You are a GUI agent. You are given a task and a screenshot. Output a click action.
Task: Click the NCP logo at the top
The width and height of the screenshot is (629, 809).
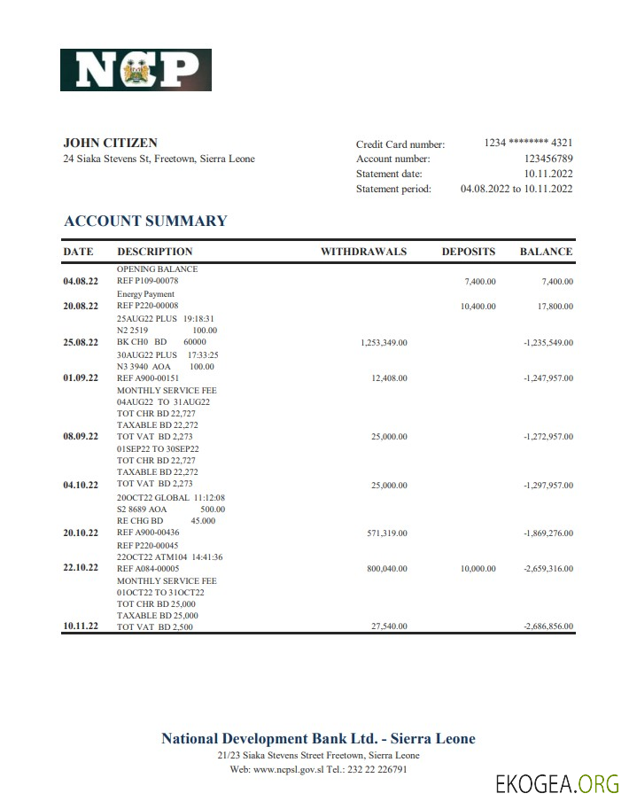(136, 70)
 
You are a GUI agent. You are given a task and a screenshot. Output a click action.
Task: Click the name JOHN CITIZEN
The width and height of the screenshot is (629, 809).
(111, 143)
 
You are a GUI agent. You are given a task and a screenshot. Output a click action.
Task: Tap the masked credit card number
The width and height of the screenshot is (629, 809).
(528, 144)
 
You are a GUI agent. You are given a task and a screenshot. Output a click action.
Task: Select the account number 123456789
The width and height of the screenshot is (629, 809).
(543, 159)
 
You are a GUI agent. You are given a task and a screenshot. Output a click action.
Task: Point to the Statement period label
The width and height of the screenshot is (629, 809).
(393, 189)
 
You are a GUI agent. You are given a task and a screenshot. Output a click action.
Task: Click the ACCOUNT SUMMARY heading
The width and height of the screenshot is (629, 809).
(145, 222)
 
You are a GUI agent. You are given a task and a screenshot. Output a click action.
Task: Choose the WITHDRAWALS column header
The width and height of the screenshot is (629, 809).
(363, 252)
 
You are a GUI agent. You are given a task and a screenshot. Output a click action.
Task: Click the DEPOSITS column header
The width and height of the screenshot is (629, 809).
(469, 252)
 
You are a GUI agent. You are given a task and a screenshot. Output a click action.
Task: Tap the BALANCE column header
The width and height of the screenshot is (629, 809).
(546, 252)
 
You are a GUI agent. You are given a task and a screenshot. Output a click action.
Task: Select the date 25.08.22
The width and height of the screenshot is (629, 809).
(81, 342)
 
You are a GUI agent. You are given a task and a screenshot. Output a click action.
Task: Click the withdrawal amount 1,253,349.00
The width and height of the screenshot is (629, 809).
(383, 343)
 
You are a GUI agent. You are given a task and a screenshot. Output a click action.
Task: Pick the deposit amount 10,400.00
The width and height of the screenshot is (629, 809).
(478, 307)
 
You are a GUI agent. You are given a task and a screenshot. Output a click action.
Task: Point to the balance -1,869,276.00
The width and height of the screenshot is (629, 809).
(547, 533)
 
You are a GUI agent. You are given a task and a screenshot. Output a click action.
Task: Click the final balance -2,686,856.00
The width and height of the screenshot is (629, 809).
(547, 626)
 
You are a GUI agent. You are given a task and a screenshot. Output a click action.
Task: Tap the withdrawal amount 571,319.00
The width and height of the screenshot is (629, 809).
(387, 533)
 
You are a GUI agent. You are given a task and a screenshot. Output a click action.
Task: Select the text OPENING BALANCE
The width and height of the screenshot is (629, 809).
(157, 268)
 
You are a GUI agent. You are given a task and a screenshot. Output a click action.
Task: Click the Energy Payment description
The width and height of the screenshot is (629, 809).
(145, 294)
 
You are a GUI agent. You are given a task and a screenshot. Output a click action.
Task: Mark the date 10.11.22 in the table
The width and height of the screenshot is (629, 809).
(81, 626)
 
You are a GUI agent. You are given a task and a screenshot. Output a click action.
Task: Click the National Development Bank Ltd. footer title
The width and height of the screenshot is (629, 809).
(318, 739)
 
